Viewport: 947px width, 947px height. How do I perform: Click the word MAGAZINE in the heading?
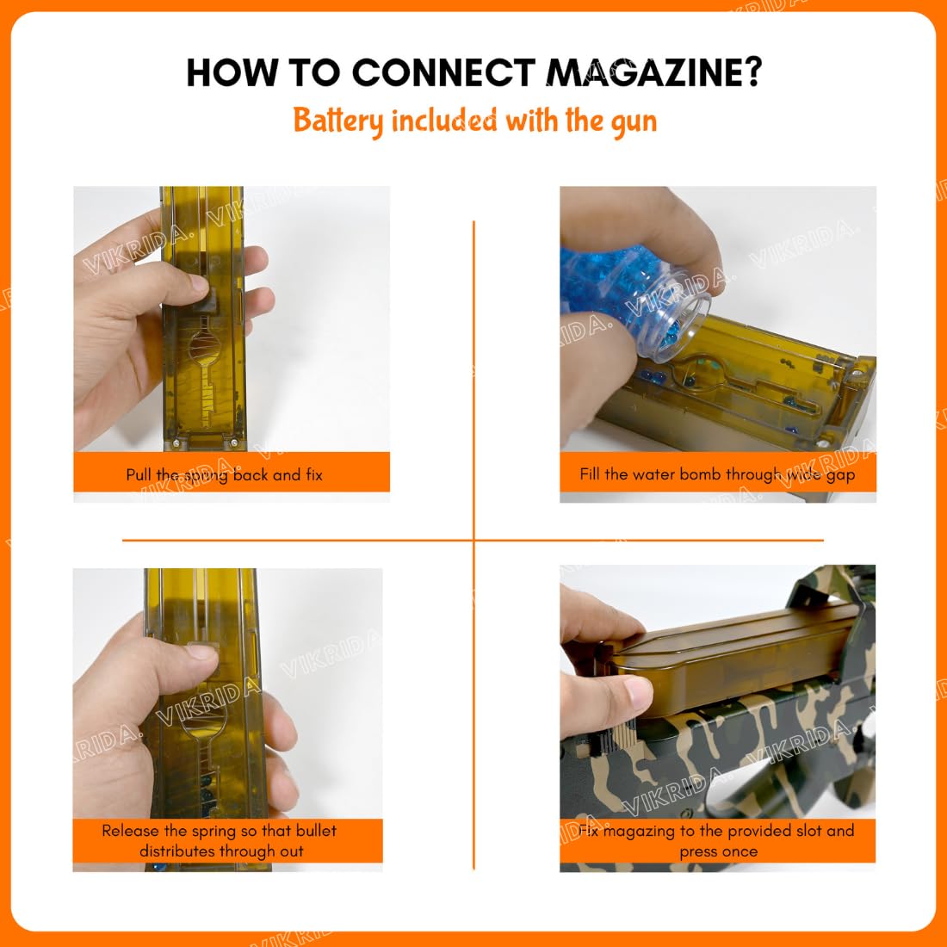654,73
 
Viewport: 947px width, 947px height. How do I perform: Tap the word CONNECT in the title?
444,73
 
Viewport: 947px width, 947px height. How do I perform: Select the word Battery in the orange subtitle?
338,121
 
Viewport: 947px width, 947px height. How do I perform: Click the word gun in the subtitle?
634,122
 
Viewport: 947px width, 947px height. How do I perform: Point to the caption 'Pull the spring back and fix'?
224,474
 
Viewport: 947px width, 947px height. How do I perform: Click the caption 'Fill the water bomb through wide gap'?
717,474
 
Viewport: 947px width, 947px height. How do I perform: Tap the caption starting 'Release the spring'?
220,841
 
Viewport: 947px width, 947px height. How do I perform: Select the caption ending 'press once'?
717,841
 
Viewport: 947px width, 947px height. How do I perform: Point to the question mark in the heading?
752,72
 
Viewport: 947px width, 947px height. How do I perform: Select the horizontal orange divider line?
473,540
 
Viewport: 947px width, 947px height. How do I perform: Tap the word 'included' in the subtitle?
444,120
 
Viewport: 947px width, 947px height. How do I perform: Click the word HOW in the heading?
232,73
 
